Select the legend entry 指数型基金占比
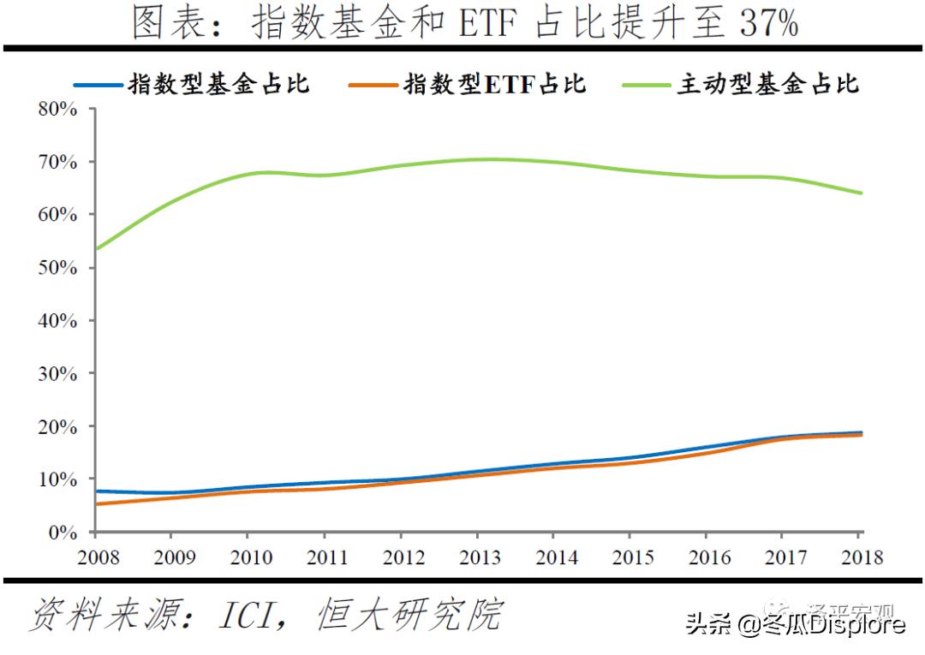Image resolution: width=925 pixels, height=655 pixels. point(218,84)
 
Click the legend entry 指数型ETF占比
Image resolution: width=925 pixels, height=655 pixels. point(494,84)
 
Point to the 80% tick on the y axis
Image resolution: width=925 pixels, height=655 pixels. point(58,110)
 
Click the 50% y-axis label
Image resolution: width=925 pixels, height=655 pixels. point(58,268)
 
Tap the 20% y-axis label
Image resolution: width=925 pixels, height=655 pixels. point(58,426)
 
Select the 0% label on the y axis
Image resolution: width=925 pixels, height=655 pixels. point(63,533)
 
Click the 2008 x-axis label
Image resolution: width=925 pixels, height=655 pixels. point(97,557)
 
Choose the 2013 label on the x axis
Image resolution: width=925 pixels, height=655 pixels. point(480,557)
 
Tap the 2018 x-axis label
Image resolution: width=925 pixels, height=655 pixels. point(861,557)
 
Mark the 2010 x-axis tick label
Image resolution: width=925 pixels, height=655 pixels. point(250,557)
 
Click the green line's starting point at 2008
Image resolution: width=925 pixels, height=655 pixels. point(97,248)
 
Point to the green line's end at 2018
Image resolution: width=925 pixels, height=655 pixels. point(861,193)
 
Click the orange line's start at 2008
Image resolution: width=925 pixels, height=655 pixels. point(97,504)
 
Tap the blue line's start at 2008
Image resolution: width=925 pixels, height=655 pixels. point(97,491)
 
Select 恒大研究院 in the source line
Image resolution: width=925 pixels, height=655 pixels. point(409,615)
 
